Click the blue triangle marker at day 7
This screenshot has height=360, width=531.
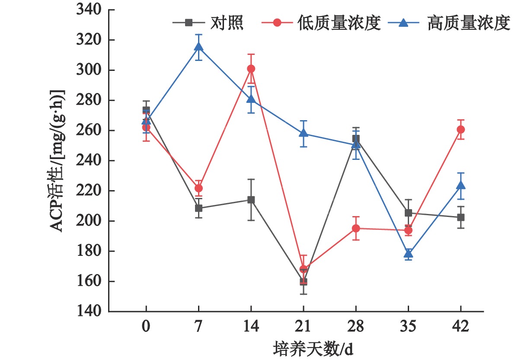tap(198, 47)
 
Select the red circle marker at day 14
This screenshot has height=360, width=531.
tap(251, 69)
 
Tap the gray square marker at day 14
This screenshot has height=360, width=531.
tap(251, 200)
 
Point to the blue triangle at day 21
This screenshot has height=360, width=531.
tap(304, 133)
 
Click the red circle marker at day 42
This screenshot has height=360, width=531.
tap(461, 130)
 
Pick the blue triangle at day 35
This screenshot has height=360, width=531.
tap(408, 254)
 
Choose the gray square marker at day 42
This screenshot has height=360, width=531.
tap(461, 217)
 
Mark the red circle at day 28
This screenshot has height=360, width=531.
tap(356, 229)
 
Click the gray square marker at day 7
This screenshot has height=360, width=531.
tap(198, 208)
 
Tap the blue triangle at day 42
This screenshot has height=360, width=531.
tap(461, 185)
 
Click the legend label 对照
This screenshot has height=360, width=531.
tap(227, 23)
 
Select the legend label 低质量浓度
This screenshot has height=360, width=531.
tap(339, 23)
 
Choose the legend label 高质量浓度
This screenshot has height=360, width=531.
tap(469, 23)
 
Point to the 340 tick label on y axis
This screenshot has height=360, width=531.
tap(89, 10)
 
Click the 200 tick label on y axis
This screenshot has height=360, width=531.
tap(89, 221)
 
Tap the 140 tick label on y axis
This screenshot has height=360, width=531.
tap(89, 311)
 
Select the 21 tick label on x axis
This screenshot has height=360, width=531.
tap(303, 326)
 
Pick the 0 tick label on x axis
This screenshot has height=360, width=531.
tap(146, 326)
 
